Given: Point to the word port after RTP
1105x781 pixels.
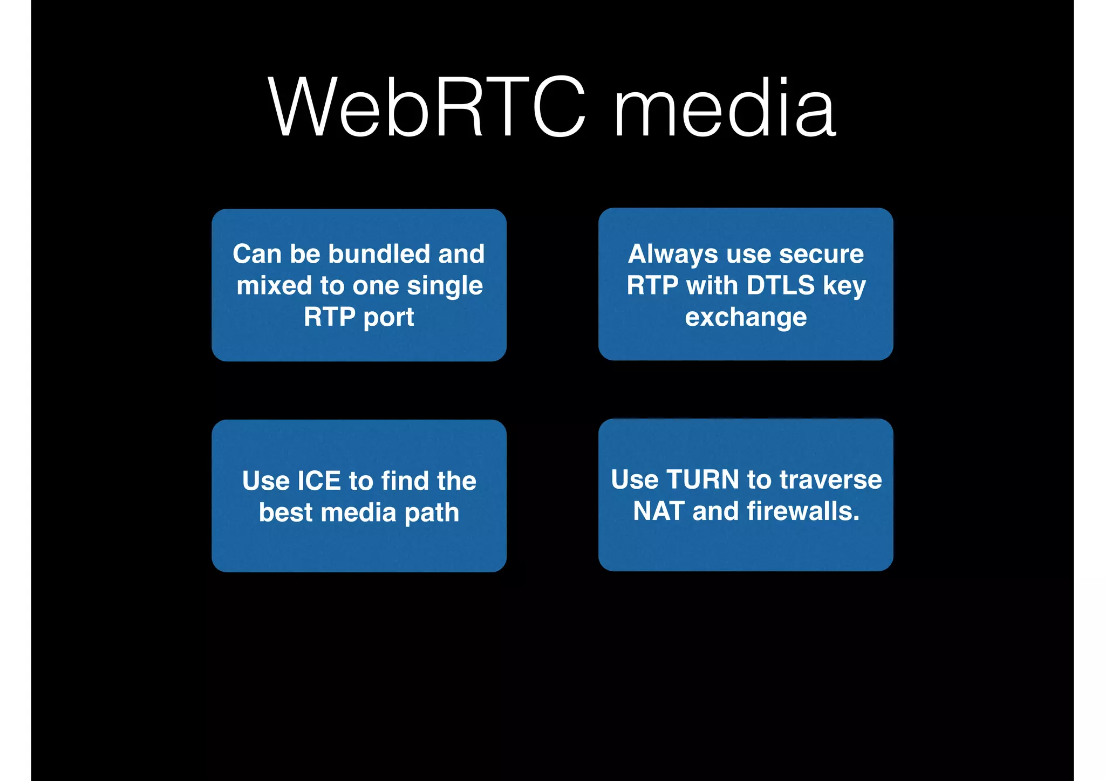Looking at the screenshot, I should coord(389,317).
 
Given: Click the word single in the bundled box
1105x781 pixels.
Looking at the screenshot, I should coord(445,286).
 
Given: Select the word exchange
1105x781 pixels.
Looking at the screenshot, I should coord(746,317).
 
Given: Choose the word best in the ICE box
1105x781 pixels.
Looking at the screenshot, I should coord(286,512).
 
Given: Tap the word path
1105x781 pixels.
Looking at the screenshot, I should coord(432,513).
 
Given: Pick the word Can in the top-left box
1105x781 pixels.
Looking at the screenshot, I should coord(257,254).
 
